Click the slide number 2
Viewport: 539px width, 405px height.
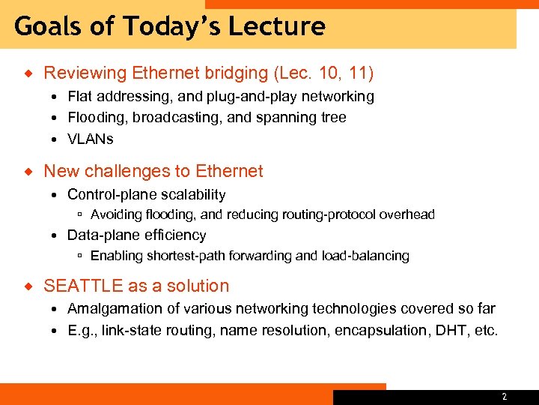[504, 397]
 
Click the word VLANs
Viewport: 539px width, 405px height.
[91, 139]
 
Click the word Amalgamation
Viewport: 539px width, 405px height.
[111, 309]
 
